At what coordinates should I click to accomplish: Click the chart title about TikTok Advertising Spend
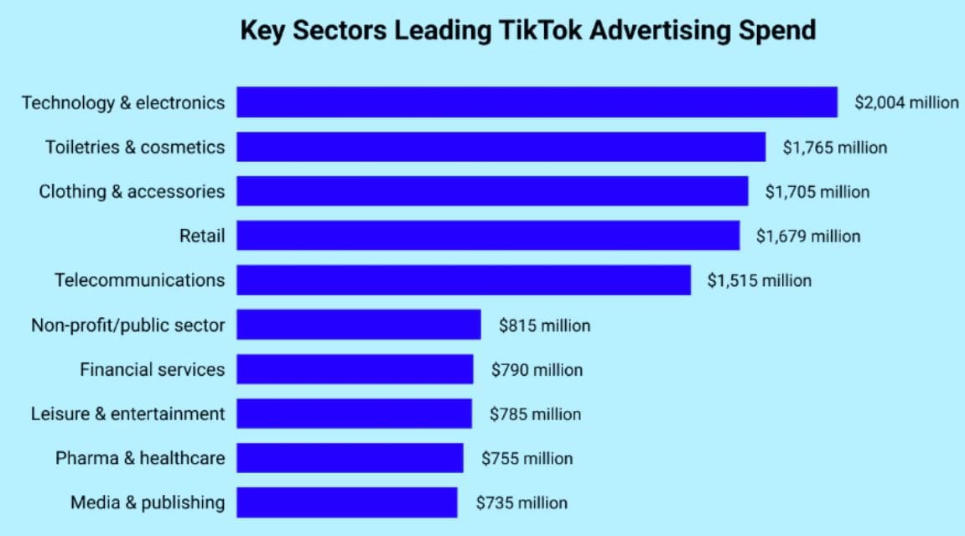click(x=528, y=31)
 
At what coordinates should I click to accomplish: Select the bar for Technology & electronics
click(x=537, y=102)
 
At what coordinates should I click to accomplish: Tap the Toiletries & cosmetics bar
click(x=501, y=147)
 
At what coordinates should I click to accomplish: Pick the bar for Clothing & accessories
click(x=492, y=191)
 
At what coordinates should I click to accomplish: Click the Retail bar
click(x=488, y=236)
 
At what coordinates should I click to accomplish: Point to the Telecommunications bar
click(x=464, y=280)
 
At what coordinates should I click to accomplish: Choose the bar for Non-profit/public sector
click(x=359, y=325)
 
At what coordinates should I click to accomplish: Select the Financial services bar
click(x=355, y=369)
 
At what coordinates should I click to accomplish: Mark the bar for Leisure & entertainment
click(x=354, y=414)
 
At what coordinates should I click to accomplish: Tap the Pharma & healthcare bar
click(x=350, y=458)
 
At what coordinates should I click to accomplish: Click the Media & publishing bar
click(x=347, y=502)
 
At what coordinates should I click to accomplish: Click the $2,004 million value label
click(x=906, y=102)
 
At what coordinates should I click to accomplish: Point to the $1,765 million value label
click(x=834, y=147)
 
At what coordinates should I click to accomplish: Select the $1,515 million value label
click(x=760, y=280)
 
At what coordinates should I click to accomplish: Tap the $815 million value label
click(x=544, y=325)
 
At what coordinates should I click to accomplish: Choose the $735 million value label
click(x=521, y=503)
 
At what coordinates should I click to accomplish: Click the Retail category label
click(x=202, y=236)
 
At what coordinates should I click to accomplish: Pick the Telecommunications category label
click(x=140, y=280)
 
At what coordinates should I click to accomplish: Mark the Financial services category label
click(x=153, y=369)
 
